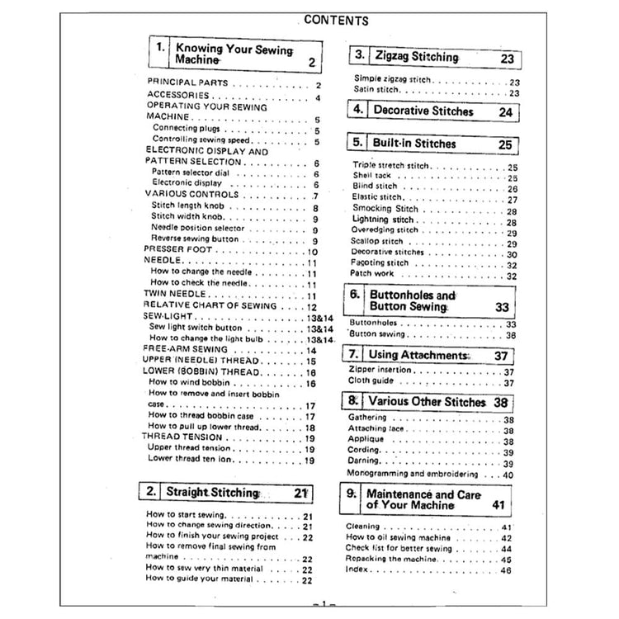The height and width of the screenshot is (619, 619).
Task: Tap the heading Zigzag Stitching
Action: (x=416, y=58)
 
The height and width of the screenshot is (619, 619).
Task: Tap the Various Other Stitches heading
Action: (x=427, y=403)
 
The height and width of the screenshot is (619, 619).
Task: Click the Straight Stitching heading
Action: (x=212, y=493)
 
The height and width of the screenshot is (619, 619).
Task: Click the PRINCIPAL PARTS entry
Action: (x=182, y=84)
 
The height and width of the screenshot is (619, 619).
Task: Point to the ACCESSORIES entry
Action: (x=178, y=96)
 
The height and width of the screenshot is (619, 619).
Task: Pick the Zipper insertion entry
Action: (x=381, y=372)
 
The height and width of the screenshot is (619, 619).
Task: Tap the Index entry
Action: (x=357, y=569)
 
